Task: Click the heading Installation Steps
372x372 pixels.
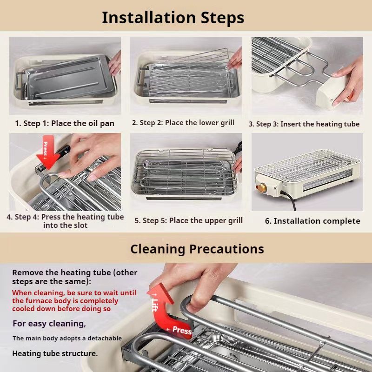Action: click(x=173, y=18)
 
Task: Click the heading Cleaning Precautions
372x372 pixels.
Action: click(x=197, y=249)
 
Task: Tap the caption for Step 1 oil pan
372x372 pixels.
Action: click(x=65, y=123)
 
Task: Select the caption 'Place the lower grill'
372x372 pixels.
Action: click(x=199, y=123)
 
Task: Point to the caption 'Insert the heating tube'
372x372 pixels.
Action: click(x=320, y=124)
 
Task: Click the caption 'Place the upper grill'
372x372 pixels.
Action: click(x=206, y=220)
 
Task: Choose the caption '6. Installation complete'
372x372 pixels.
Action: click(x=312, y=221)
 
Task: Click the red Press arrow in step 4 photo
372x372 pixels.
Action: click(x=48, y=152)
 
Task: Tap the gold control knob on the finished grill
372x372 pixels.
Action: click(x=262, y=188)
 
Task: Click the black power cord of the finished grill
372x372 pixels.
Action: click(x=289, y=200)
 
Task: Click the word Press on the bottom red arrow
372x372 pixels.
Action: click(x=182, y=330)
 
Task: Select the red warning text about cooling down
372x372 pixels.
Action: click(x=74, y=300)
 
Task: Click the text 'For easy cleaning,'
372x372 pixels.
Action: click(x=49, y=323)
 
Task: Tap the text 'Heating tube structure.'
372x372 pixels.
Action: click(x=55, y=353)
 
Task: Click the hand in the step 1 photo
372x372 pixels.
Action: click(x=115, y=63)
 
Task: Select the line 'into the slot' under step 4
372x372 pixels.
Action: click(x=65, y=225)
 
